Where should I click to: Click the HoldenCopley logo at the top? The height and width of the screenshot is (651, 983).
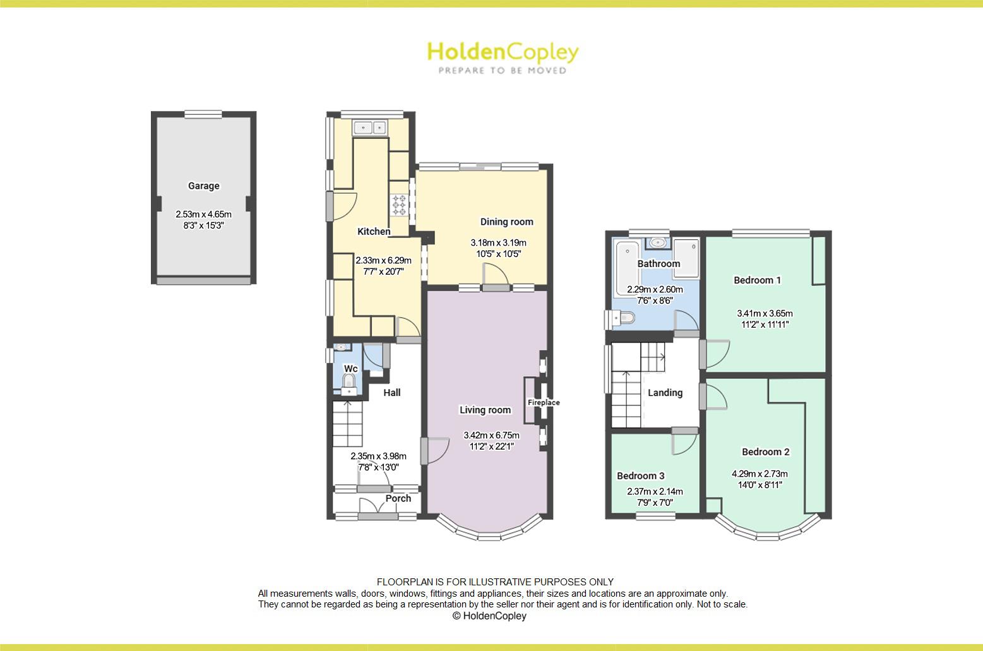tap(503, 57)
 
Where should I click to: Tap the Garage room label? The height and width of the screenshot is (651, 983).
tap(203, 186)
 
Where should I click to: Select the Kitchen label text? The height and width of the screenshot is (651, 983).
tap(374, 232)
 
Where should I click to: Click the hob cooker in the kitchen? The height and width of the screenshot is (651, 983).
tap(400, 205)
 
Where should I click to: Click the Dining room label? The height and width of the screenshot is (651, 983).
tap(506, 222)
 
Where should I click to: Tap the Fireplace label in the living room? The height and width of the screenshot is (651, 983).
tap(544, 402)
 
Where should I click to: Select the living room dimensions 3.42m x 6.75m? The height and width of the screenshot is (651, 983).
tap(491, 435)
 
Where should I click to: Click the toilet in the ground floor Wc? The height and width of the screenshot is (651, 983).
tap(348, 381)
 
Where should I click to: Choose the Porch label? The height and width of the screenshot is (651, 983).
tap(398, 498)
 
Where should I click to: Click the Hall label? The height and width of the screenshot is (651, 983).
tap(392, 393)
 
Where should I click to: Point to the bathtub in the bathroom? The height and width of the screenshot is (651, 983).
tap(627, 268)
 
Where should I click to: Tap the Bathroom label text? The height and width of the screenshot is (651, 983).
tap(658, 264)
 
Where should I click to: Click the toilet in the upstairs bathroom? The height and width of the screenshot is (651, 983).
tap(624, 319)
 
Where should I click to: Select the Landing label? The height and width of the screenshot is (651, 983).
tap(665, 393)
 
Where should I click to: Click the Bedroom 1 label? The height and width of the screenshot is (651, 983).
tap(757, 280)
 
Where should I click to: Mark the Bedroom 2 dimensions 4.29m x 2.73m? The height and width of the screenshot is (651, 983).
tap(760, 474)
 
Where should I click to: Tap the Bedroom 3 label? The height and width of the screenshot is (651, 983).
tap(640, 476)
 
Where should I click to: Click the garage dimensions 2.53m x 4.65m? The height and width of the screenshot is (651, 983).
tap(203, 214)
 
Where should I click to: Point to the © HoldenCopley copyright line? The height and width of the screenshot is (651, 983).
tap(489, 616)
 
